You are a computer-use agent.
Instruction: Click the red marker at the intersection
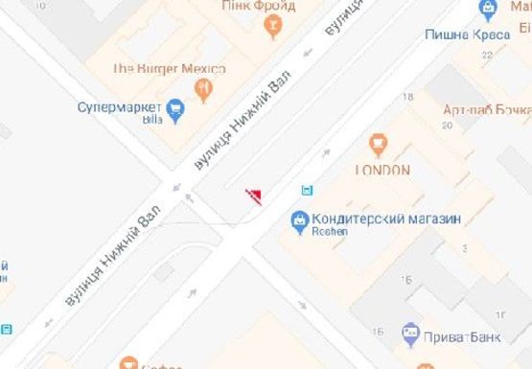tap(255, 196)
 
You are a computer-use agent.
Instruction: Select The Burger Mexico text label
tap(169, 69)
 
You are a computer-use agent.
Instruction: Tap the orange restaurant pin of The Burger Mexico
tap(203, 91)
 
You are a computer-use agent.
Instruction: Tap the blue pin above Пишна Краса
tap(489, 10)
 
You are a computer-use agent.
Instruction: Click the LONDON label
tap(382, 171)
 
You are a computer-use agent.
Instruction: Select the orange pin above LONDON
tap(378, 146)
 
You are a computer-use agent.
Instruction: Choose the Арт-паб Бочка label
tap(487, 110)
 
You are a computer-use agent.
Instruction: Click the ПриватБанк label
tap(461, 338)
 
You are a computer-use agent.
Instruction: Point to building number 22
tap(486, 56)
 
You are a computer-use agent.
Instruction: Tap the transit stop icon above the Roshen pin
tap(306, 190)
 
